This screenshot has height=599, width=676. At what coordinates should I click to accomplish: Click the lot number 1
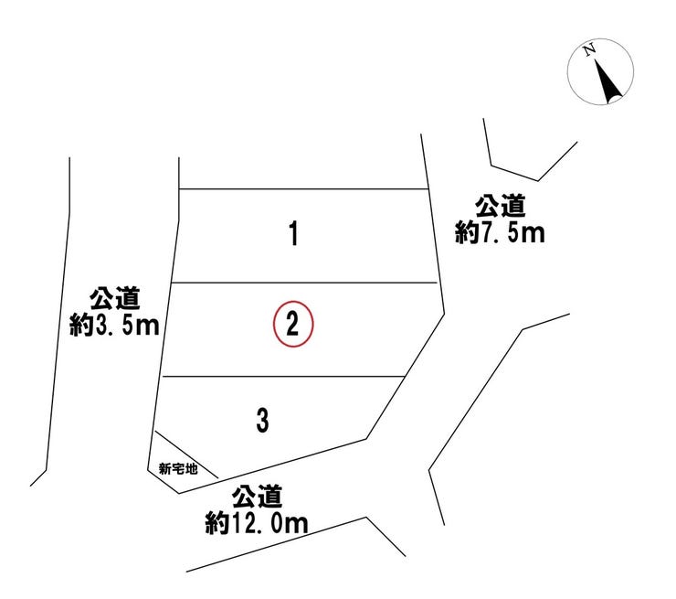[293, 233]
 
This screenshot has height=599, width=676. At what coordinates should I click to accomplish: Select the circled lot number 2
[293, 324]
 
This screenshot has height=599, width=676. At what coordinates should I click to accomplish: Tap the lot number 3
[262, 421]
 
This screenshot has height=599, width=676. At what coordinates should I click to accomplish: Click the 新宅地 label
[178, 468]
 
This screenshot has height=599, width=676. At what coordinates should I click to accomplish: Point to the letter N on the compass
[589, 49]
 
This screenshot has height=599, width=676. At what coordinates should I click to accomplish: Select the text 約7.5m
[500, 233]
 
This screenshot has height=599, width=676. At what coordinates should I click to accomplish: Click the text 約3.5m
[114, 326]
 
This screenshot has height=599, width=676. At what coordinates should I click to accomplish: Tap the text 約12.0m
[257, 523]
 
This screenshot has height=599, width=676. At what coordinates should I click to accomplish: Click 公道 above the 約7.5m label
[500, 207]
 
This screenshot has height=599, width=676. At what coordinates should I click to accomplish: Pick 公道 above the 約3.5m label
[115, 299]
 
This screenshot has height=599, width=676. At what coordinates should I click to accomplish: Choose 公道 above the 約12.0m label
[257, 497]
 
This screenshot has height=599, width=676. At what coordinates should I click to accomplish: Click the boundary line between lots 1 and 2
[304, 283]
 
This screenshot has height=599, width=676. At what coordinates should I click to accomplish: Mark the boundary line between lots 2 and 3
[284, 377]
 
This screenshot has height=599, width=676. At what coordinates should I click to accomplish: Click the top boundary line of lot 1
[303, 188]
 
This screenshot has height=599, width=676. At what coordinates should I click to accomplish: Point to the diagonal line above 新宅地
[186, 455]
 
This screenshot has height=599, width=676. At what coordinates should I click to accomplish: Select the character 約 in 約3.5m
[81, 326]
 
